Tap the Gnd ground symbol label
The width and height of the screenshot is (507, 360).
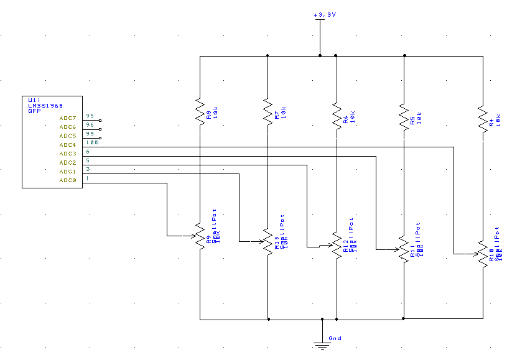335,339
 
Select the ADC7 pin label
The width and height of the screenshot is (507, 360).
67,118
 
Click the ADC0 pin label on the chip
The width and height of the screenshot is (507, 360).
67,180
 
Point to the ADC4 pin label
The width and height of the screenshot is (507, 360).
67,145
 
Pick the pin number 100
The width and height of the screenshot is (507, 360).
92,143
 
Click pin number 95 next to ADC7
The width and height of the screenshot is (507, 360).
90,116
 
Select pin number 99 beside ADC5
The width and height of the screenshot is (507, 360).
90,134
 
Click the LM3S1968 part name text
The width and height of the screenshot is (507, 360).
45,105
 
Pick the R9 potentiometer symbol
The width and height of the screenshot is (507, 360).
200,236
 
